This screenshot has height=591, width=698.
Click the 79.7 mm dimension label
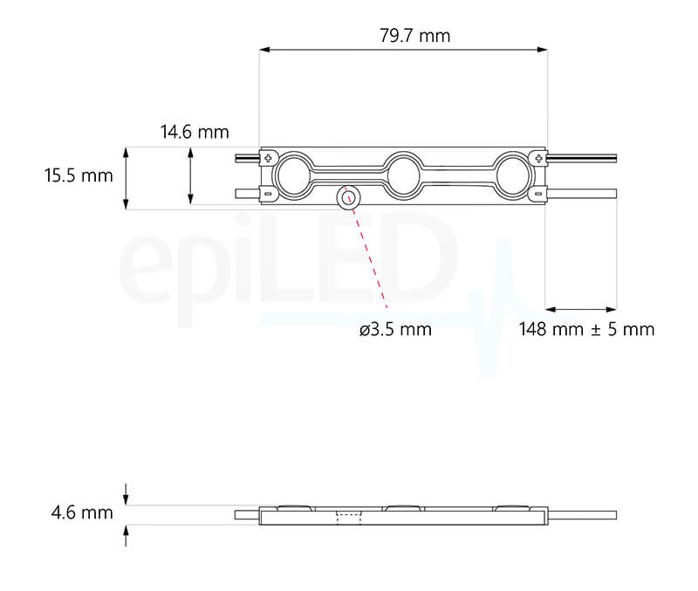[x=415, y=36]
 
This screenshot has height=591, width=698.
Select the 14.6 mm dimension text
[x=195, y=133]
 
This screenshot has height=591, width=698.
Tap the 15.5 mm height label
[x=79, y=175]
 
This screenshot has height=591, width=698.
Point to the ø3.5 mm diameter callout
[x=394, y=330]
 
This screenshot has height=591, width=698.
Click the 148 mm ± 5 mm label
[x=586, y=330]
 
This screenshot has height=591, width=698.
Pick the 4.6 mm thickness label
[x=82, y=513]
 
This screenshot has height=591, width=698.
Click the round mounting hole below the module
[x=346, y=196]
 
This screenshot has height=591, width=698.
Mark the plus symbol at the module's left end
[x=269, y=157]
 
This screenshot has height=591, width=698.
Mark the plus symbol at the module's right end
[x=540, y=157]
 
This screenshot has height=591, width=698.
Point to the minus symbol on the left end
[x=268, y=194]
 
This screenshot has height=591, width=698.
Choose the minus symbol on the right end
[x=539, y=194]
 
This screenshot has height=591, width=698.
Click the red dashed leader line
[x=368, y=253]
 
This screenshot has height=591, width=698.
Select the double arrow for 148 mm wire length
[x=581, y=309]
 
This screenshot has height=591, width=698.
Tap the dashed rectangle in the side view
[x=347, y=516]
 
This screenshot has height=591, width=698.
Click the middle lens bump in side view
[x=401, y=506]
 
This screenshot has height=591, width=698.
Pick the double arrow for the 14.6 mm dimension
[x=190, y=176]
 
